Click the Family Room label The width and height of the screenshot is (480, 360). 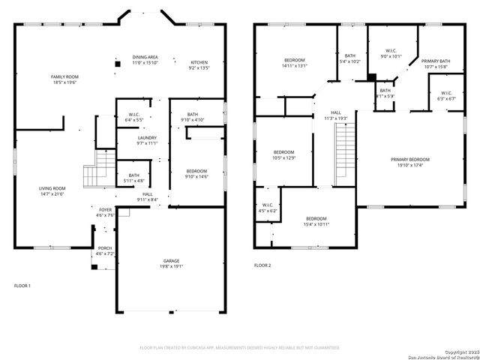pyautogui.click(x=64, y=76)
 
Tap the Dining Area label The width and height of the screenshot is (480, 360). pyautogui.click(x=145, y=57)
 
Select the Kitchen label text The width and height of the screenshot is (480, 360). pyautogui.click(x=199, y=62)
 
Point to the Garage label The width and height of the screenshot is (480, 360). pyautogui.click(x=172, y=260)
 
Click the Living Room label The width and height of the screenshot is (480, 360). pyautogui.click(x=52, y=188)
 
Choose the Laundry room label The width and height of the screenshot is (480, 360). pyautogui.click(x=147, y=137)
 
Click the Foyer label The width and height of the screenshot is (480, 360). pyautogui.click(x=105, y=209)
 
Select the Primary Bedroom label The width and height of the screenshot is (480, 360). pyautogui.click(x=410, y=159)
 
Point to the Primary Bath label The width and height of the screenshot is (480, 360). pyautogui.click(x=435, y=61)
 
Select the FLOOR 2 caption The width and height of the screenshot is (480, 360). pyautogui.click(x=262, y=265)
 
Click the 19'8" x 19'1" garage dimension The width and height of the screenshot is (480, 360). pyautogui.click(x=172, y=266)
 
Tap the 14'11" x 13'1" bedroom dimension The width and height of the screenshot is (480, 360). pyautogui.click(x=294, y=65)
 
